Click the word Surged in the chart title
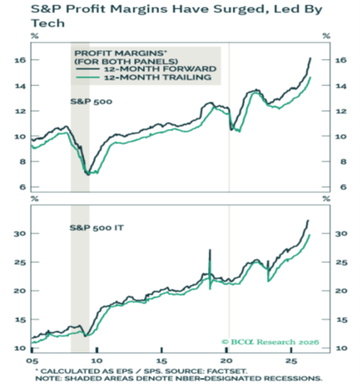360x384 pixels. coord(241,9)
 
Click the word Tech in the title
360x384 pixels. coord(48,23)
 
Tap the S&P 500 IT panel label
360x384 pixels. coord(97,228)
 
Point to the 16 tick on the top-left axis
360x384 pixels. coord(20,60)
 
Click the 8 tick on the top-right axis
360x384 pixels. coord(344,162)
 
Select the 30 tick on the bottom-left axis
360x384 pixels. coord(19,234)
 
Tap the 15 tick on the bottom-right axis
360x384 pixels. coord(341,320)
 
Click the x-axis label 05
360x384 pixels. coord(32,361)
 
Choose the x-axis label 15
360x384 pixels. coord(161,361)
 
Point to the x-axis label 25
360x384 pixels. coord(292,361)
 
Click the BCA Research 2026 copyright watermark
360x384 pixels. coord(270,342)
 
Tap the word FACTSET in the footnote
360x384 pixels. coord(227,372)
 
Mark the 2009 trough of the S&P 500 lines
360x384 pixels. coord(88,175)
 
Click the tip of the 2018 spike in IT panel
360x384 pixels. coord(209,250)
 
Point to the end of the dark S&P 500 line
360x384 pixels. coord(310,58)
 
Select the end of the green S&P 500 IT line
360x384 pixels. coord(310,235)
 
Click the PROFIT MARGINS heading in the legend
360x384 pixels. coord(120,54)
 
